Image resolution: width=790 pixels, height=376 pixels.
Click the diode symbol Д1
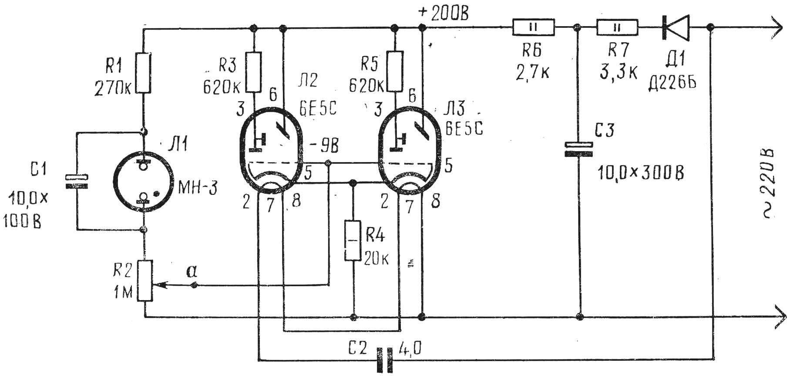click(676, 27)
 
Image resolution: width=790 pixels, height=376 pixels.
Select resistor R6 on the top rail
click(533, 27)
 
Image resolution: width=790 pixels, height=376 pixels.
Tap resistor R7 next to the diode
click(616, 27)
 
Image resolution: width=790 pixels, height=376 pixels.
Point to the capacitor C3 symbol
click(579, 149)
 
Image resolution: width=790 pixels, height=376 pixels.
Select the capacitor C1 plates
click(76, 182)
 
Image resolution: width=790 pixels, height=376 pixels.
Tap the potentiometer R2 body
click(145, 281)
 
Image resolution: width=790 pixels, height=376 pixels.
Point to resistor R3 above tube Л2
click(254, 72)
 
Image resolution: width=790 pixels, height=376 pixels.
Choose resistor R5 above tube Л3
click(394, 72)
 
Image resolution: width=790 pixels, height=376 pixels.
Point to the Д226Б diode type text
click(672, 81)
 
